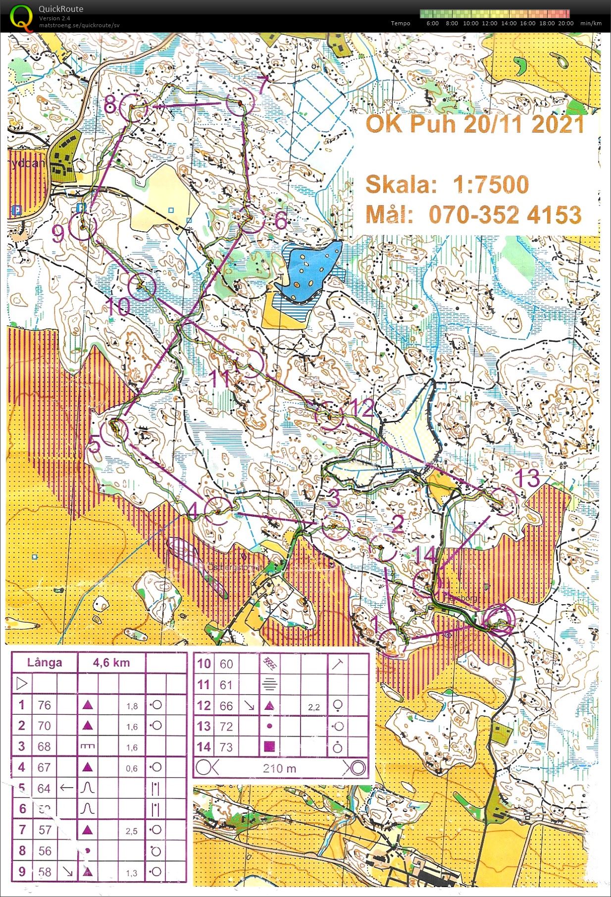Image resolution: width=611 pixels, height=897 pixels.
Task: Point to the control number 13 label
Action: tap(527, 478)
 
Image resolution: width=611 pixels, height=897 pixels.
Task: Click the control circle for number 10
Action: tap(142, 286)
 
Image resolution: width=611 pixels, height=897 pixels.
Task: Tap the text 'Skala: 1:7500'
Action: tap(447, 185)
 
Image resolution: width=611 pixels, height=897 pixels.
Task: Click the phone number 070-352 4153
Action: tap(505, 215)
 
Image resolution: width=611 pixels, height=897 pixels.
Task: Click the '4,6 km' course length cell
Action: tap(111, 663)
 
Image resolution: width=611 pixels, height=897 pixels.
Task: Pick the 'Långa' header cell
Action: tap(45, 663)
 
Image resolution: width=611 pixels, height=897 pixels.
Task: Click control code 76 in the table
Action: tap(44, 705)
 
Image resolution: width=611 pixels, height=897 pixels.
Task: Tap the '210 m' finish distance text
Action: tap(279, 768)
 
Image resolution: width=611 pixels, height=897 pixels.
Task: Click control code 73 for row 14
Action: tap(226, 747)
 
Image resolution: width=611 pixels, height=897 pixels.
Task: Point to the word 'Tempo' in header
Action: tap(400, 23)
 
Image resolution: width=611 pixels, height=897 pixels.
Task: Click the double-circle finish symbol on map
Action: tap(499, 619)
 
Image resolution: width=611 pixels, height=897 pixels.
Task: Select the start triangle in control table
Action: tap(21, 684)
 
